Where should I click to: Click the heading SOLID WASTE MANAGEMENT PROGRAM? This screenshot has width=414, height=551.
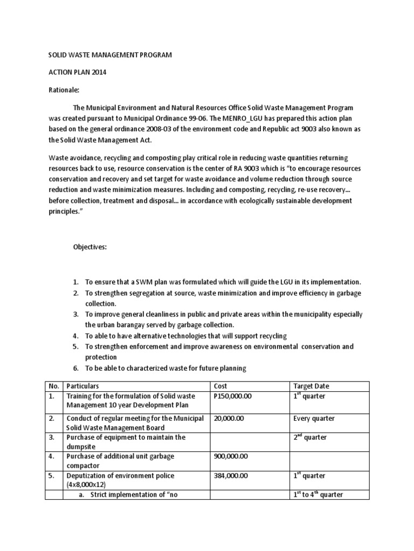[110, 55]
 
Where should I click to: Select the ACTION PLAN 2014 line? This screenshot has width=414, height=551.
[75, 73]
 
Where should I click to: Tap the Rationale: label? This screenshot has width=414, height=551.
[64, 90]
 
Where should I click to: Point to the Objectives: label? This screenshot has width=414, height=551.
[90, 247]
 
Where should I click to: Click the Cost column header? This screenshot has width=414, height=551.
[222, 386]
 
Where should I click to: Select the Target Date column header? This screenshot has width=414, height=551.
[311, 386]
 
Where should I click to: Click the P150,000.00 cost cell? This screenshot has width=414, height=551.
[233, 396]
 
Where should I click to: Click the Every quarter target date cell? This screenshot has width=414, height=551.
[314, 418]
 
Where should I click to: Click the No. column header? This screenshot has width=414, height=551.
[54, 386]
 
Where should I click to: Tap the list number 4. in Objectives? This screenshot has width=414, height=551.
[75, 336]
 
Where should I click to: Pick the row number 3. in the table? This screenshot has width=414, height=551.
[53, 437]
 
